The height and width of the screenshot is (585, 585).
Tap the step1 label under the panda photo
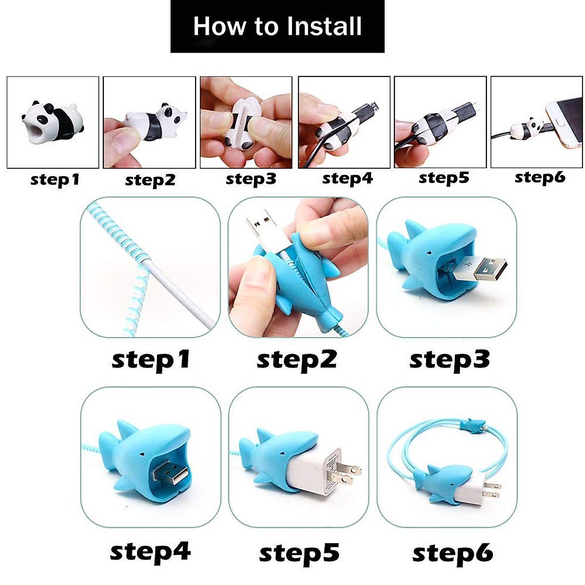click(55, 180)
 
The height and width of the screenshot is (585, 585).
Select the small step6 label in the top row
click(540, 177)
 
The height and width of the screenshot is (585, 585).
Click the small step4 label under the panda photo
click(347, 179)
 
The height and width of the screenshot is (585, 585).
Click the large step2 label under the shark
click(296, 360)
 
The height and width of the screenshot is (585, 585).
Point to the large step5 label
click(298, 553)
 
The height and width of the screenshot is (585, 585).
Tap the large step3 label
click(449, 360)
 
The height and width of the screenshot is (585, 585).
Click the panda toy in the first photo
click(53, 119)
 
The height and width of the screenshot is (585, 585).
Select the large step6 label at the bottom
click(452, 553)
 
